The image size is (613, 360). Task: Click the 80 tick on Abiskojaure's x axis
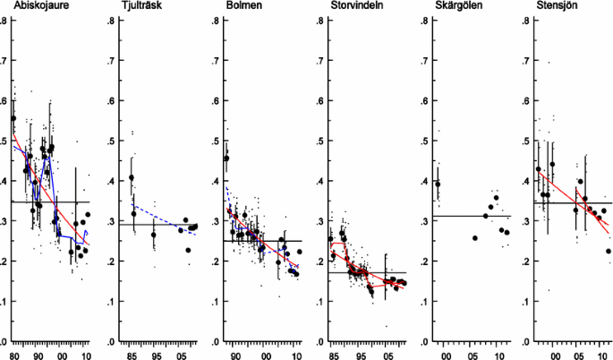pos(14,355)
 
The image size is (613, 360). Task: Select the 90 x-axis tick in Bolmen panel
pos(235,355)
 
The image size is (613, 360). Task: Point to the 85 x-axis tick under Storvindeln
pos(333,355)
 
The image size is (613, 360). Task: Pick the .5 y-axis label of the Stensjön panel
pos(527,141)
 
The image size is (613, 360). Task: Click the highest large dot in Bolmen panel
pos(226,159)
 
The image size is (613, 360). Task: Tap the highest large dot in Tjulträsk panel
pos(132,177)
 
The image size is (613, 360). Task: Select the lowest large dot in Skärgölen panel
pos(475,238)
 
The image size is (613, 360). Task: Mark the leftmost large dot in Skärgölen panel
pos(438,184)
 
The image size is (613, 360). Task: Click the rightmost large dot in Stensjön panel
pos(609,252)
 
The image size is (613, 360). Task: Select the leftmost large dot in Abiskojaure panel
pos(13,118)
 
